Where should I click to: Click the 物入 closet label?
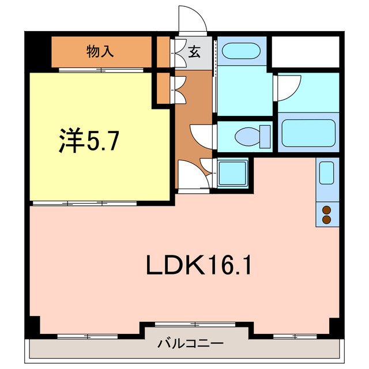pyautogui.click(x=100, y=51)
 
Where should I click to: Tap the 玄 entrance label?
pyautogui.click(x=194, y=52)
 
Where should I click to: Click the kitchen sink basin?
pyautogui.click(x=326, y=172)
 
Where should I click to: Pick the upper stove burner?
pyautogui.click(x=326, y=210)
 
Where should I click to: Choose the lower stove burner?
pyautogui.click(x=326, y=220)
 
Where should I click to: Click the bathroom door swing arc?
pyautogui.click(x=287, y=86)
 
